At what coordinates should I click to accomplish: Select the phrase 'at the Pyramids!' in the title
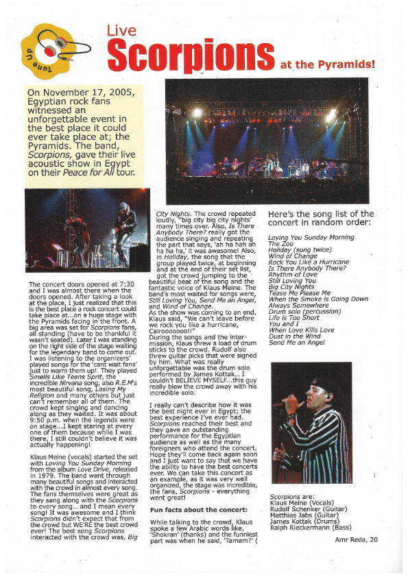pos(327,65)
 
